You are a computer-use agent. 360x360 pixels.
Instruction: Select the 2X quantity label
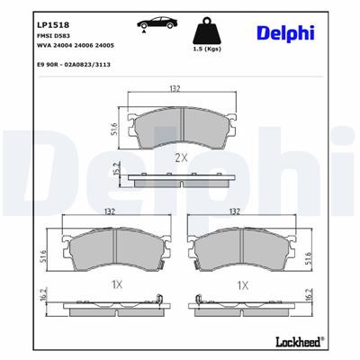(179, 157)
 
